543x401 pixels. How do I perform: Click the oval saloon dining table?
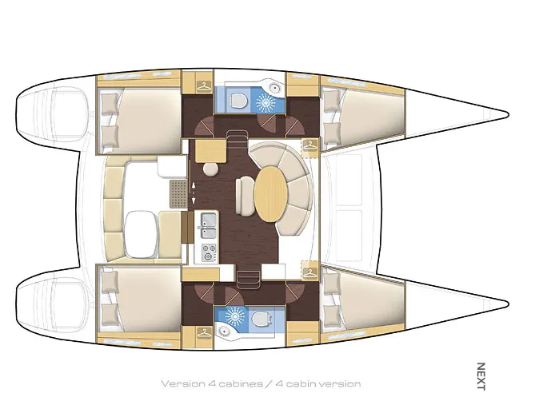[x=271, y=194]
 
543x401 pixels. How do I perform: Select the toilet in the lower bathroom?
[x=261, y=318]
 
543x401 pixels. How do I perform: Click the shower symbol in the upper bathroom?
[x=266, y=102]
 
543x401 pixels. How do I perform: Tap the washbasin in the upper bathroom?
[x=274, y=88]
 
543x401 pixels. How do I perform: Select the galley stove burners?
[x=209, y=252]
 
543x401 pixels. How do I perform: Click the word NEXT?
[x=481, y=376]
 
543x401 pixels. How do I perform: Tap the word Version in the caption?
[x=183, y=383]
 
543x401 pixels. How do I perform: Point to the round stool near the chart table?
[x=210, y=169]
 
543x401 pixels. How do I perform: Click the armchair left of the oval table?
[x=245, y=196]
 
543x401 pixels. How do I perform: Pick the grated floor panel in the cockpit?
[x=178, y=194]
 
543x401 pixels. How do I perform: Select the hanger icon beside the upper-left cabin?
[x=204, y=86]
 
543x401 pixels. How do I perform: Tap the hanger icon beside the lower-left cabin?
[x=204, y=333]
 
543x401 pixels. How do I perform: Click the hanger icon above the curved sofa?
[x=310, y=145]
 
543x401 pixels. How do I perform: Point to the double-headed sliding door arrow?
[x=194, y=193]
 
